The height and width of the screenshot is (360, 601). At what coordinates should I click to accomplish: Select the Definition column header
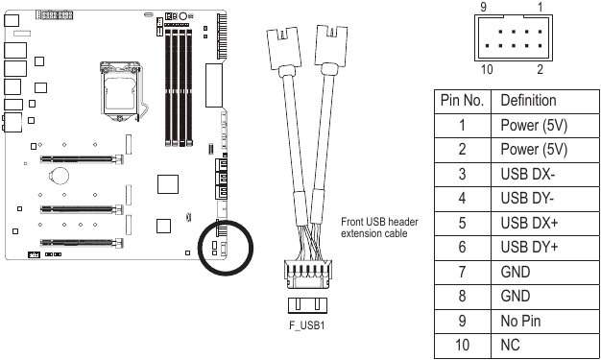[528, 101]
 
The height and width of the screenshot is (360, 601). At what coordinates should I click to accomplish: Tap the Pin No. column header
[464, 101]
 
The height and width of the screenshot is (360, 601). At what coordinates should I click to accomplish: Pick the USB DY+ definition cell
[531, 248]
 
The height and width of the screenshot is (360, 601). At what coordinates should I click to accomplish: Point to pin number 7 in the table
[463, 272]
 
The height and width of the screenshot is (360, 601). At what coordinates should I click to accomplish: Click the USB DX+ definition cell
[531, 223]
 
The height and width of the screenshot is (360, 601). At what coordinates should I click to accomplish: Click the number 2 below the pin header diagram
[541, 68]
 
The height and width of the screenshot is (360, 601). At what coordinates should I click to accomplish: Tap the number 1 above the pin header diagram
[541, 8]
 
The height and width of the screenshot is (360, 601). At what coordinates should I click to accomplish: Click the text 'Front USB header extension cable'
[380, 227]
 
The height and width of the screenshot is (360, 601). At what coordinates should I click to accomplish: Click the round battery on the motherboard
[59, 176]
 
